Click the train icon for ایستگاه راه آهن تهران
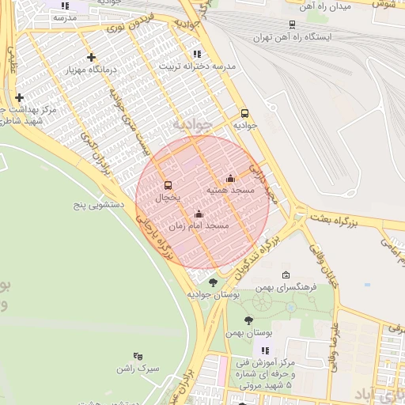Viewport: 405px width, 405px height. [x=292, y=25]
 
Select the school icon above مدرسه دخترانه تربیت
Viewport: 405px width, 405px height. [x=196, y=54]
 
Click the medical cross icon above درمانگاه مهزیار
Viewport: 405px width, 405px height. [x=93, y=57]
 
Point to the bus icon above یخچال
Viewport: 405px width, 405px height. [x=168, y=185]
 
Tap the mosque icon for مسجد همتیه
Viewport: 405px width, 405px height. [x=230, y=179]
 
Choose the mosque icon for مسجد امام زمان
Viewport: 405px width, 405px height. [x=199, y=214]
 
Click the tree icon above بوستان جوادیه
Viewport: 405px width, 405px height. [x=213, y=282]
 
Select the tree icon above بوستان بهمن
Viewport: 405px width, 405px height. [x=249, y=320]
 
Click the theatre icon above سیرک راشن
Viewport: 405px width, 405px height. [x=138, y=356]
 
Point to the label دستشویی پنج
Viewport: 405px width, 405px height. [x=101, y=205]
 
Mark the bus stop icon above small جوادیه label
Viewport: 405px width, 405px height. [x=244, y=113]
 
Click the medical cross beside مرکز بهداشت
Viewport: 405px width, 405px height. [x=19, y=97]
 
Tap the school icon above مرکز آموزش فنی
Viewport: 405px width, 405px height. [x=265, y=350]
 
